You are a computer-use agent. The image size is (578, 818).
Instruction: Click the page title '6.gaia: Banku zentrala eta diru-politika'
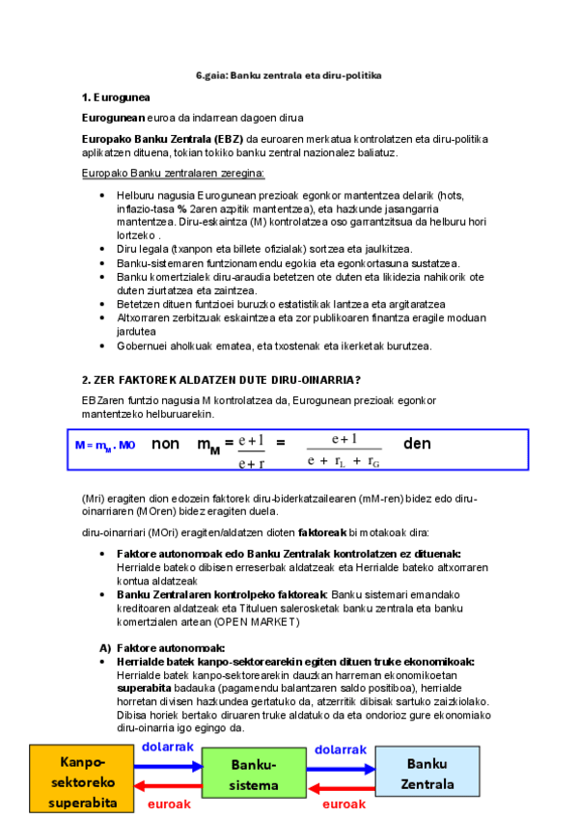[289, 75]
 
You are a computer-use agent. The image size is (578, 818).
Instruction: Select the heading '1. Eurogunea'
[116, 97]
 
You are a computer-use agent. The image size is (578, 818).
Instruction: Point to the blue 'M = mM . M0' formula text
[105, 446]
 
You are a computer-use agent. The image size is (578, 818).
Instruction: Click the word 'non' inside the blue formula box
[166, 445]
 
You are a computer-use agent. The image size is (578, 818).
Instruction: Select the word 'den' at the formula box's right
[417, 444]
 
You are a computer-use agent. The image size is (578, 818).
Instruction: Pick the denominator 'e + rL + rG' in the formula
[344, 461]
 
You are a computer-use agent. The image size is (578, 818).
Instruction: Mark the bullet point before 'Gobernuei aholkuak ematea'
[104, 345]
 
